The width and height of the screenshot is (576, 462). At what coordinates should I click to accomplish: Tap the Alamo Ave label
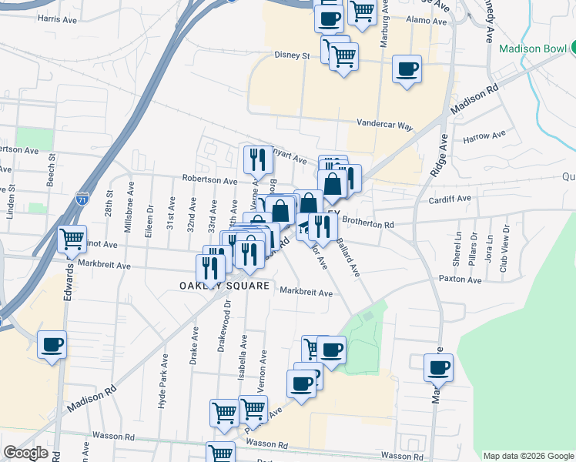click(422, 20)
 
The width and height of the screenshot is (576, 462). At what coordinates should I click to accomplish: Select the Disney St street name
click(292, 55)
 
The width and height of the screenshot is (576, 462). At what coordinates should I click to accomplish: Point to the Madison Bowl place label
click(533, 48)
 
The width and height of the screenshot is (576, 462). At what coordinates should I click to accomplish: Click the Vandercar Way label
click(384, 123)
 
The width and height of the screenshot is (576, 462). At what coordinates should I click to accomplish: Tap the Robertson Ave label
click(209, 179)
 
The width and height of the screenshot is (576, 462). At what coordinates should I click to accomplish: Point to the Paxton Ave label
click(460, 279)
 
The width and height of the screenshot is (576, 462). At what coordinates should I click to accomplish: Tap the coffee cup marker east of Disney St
click(407, 68)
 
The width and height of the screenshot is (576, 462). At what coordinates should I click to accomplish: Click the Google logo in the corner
click(25, 453)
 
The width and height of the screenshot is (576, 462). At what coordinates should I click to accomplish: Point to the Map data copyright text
click(527, 456)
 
